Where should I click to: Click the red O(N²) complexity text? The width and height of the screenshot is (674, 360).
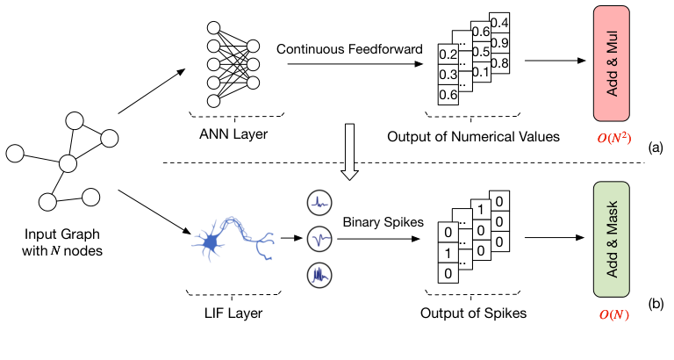click(612, 138)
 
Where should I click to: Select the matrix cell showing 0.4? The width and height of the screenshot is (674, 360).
click(499, 22)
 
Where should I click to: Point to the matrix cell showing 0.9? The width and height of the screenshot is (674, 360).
click(499, 42)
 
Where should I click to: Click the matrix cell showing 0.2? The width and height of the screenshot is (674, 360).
click(448, 55)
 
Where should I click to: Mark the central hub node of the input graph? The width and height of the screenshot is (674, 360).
click(68, 163)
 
